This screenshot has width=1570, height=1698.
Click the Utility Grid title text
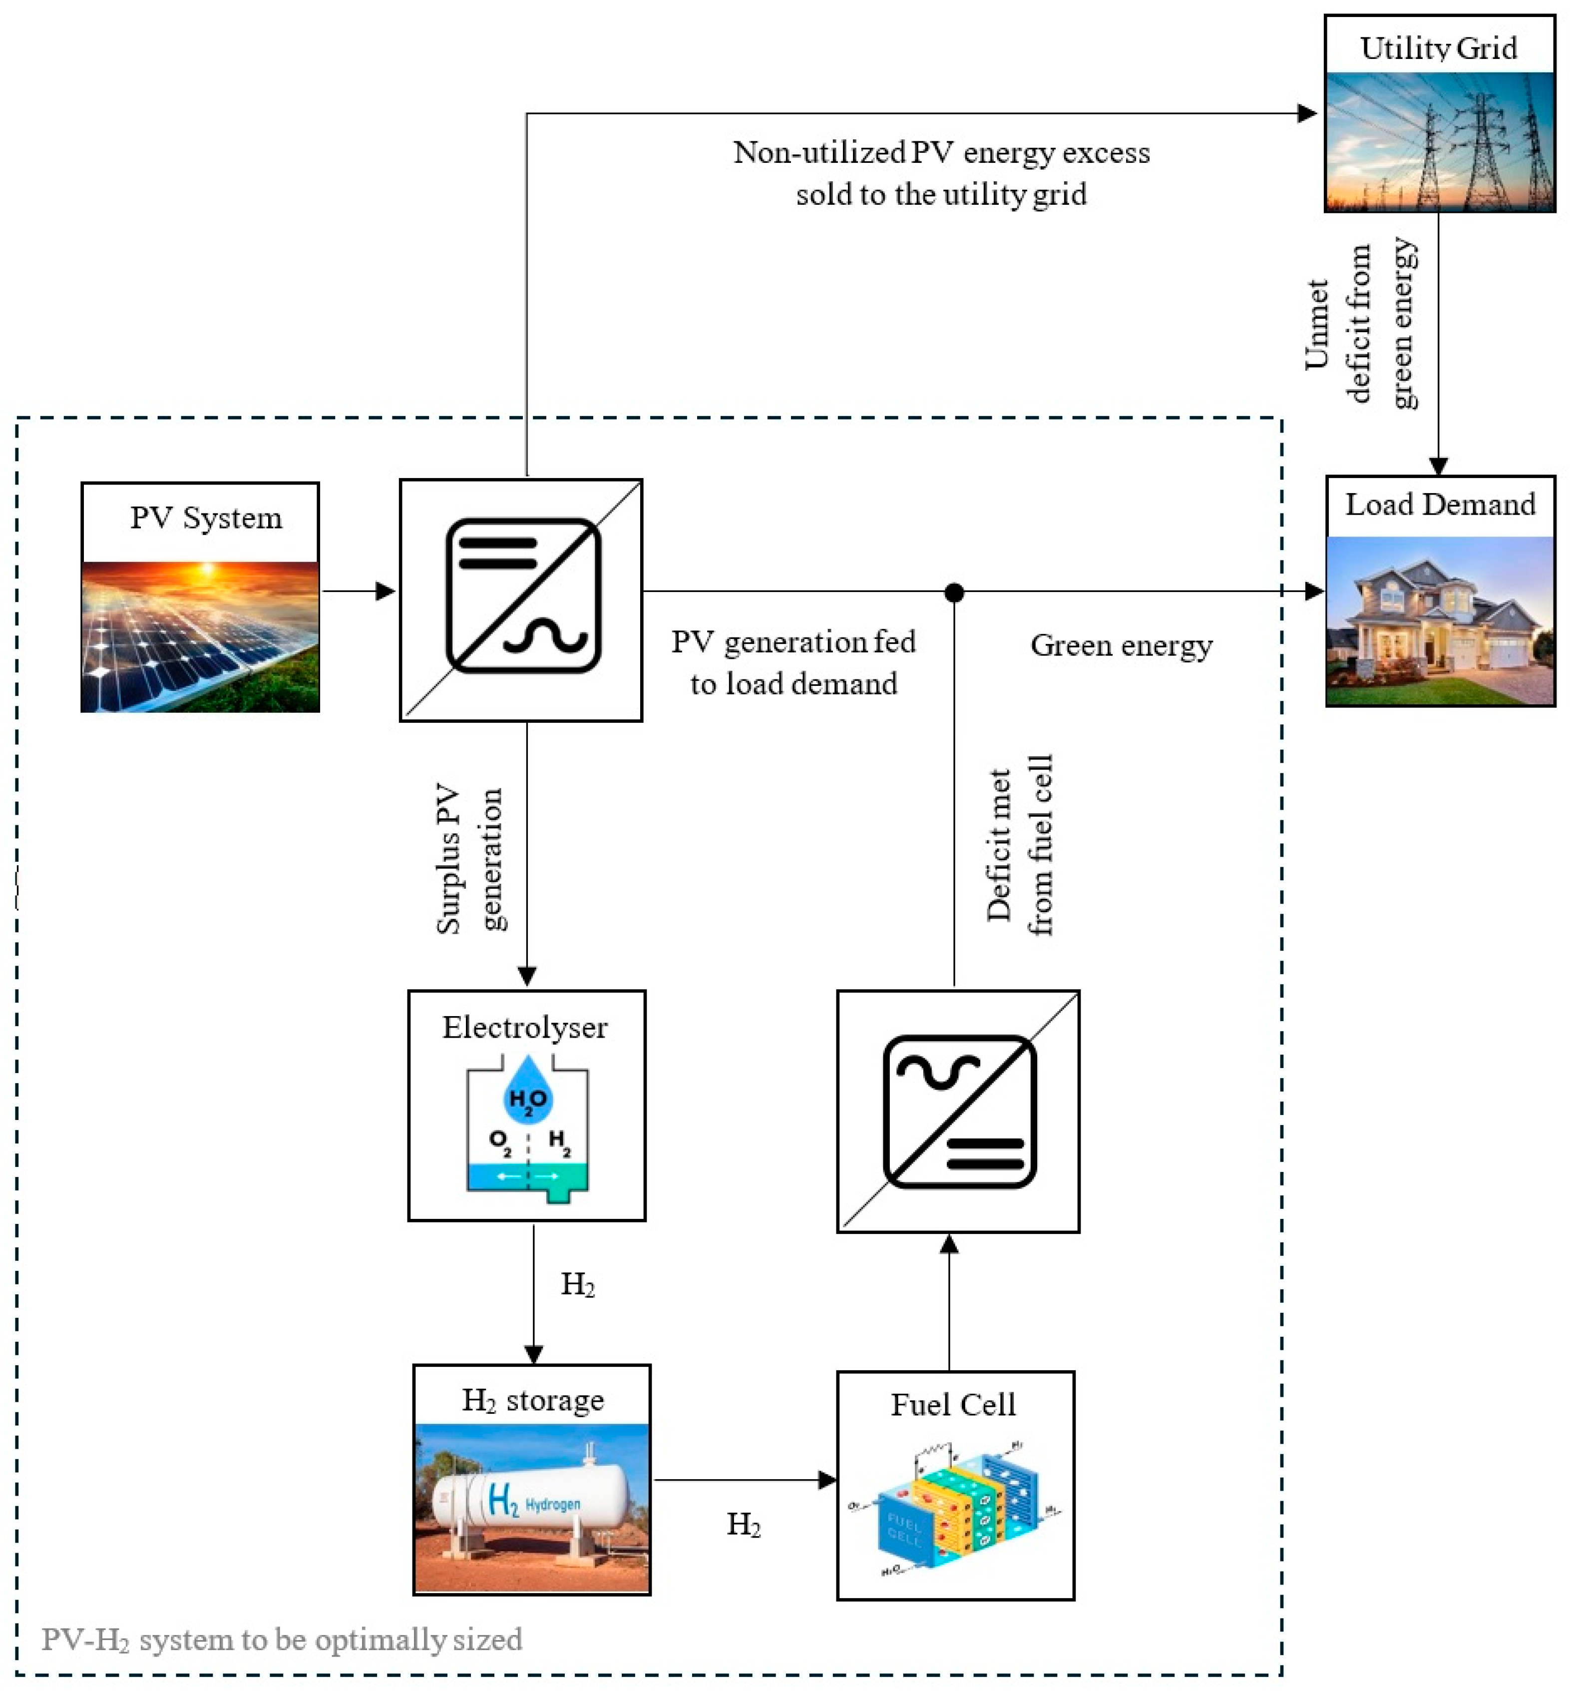(x=1438, y=47)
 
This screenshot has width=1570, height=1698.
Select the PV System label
(x=206, y=518)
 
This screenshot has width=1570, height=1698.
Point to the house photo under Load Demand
(x=1440, y=621)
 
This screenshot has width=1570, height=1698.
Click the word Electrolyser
(x=524, y=1028)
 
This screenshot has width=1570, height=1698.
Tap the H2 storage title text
(x=533, y=1400)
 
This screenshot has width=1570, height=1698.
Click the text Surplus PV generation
(x=470, y=858)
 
